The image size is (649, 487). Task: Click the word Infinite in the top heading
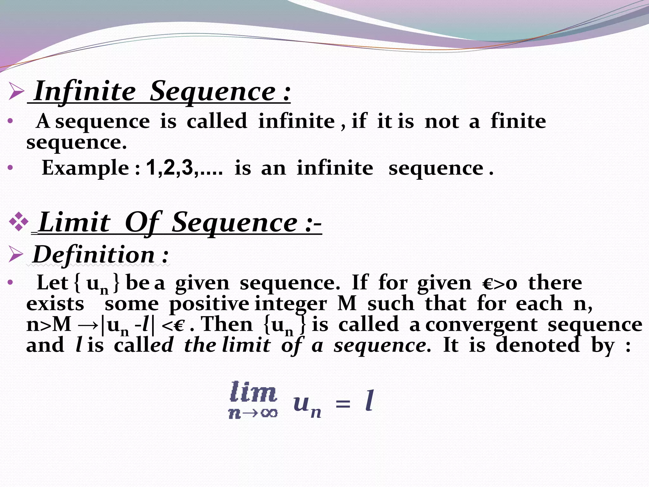tap(85, 91)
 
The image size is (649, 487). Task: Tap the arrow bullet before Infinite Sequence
tap(16, 91)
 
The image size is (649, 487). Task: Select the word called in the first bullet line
tap(217, 121)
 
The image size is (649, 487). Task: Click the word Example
tap(85, 168)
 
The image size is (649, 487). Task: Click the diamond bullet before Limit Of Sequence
tap(19, 221)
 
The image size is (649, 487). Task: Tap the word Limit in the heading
tap(74, 223)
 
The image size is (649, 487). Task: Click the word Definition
tap(94, 255)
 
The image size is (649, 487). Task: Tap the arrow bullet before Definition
tap(16, 255)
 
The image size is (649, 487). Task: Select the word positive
tap(209, 304)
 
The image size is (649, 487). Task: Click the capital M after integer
tap(347, 304)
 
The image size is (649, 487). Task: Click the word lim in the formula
tap(253, 392)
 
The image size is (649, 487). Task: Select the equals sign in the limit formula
tap(343, 404)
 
